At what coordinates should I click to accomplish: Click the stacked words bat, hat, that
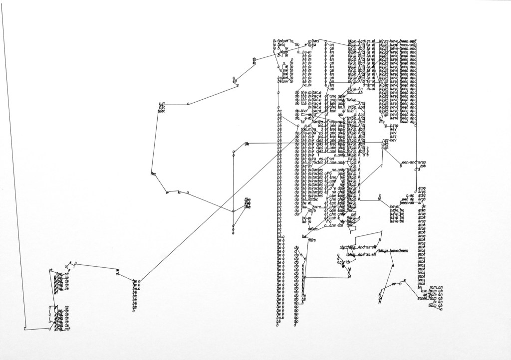point(161,107)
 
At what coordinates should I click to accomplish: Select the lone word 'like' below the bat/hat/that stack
point(154,174)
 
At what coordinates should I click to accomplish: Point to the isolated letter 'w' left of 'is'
point(167,192)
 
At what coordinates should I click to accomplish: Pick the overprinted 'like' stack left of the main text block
point(247,203)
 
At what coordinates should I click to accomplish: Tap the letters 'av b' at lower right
point(397,284)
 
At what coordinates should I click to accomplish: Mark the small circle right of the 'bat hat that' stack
point(188,104)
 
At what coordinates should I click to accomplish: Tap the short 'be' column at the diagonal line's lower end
point(135,294)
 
